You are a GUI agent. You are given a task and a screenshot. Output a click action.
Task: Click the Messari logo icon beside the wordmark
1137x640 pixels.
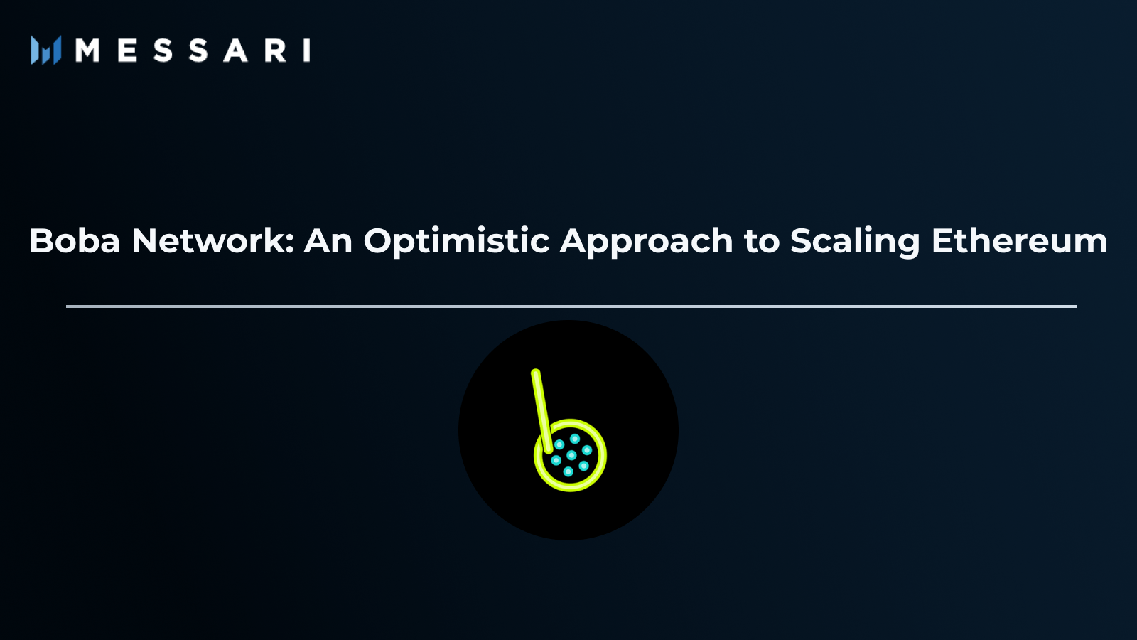45,50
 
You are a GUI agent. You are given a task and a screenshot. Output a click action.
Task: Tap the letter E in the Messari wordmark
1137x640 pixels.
127,50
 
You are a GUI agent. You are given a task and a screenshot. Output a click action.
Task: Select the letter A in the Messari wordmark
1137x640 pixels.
235,50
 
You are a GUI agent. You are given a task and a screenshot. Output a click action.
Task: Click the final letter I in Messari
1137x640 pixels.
307,50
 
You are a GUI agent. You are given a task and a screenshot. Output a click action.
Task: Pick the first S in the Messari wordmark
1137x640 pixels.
163,50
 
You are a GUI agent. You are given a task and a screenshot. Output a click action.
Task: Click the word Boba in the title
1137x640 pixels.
75,241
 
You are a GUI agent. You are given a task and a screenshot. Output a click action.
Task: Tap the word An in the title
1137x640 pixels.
328,241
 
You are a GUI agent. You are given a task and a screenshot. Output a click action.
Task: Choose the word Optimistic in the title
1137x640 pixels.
456,241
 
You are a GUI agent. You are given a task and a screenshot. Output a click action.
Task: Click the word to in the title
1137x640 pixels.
762,242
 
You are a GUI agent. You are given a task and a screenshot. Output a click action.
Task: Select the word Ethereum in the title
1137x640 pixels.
1019,241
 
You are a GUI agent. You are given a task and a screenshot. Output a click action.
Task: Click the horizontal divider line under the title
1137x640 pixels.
571,306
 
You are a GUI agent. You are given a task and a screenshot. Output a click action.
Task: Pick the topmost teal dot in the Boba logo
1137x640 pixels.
575,439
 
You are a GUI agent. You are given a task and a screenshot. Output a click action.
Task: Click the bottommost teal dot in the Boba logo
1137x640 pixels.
568,471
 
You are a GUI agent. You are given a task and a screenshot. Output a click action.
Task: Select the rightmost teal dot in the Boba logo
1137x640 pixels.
587,450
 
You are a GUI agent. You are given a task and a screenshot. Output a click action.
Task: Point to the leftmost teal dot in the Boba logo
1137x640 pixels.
556,460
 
